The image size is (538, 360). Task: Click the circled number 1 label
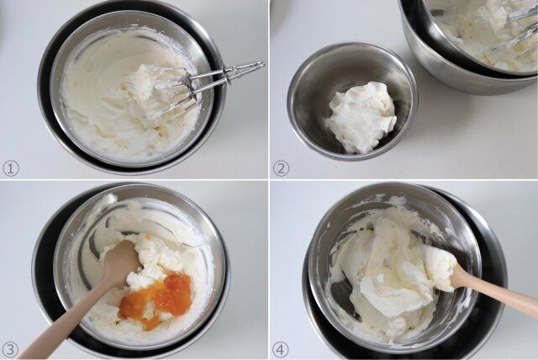11,168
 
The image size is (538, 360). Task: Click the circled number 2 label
281,168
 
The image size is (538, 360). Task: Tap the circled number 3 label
11,349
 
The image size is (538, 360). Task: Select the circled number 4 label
281,349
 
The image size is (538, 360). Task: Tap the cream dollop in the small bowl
361,117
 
